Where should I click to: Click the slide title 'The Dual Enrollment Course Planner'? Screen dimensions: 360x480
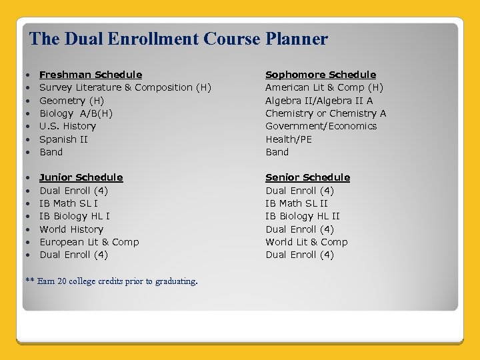(x=179, y=39)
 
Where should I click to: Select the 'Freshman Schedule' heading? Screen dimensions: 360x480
(x=91, y=75)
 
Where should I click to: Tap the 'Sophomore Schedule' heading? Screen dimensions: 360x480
(x=321, y=75)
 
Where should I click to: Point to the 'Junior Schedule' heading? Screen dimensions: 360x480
(x=81, y=177)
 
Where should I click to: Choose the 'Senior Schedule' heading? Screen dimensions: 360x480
(x=307, y=177)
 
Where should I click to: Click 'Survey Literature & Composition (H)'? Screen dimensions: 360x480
(x=125, y=87)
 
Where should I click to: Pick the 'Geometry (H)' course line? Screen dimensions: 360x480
(x=72, y=101)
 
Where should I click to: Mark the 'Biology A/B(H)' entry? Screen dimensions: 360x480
(x=76, y=113)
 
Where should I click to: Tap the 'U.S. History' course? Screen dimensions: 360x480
(x=68, y=126)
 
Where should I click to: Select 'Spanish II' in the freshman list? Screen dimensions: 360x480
(x=64, y=139)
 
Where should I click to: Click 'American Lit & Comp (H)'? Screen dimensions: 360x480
(x=325, y=87)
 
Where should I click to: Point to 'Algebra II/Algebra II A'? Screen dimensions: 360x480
(x=319, y=101)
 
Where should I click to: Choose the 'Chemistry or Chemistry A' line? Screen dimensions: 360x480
(x=326, y=113)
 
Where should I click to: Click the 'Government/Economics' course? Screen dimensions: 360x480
(x=321, y=126)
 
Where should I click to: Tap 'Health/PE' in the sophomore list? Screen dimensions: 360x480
(x=289, y=139)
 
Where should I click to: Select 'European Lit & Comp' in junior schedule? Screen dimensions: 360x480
(x=89, y=242)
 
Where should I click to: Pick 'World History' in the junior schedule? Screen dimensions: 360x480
(x=71, y=229)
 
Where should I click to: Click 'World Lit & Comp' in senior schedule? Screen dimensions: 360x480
(x=307, y=242)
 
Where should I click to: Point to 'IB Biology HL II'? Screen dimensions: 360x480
(x=303, y=216)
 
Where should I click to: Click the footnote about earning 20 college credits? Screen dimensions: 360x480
(x=111, y=281)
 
